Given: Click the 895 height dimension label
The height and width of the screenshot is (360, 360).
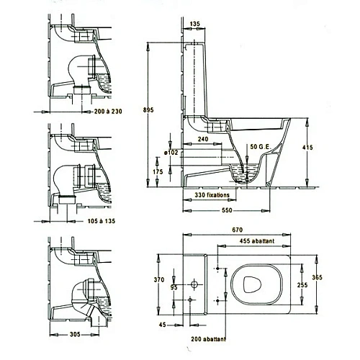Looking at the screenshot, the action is coord(148,110).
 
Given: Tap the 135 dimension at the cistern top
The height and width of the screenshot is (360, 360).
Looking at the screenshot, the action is coord(194,24).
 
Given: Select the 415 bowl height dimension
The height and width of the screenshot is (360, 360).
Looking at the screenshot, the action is coord(307,148).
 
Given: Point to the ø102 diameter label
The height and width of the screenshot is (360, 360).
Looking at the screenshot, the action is coord(171,153).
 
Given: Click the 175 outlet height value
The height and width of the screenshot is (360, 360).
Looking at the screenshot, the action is coord(158,172).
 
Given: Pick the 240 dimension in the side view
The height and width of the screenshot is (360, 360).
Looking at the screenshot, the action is coord(203,139).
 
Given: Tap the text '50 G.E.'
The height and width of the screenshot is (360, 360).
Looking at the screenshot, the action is coord(261,147).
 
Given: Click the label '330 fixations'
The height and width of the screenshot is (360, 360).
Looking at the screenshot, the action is coord(212,195).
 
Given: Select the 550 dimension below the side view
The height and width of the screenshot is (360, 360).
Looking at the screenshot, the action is coord(227,210).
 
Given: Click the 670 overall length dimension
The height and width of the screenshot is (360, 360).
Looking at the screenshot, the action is coord(237,230).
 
